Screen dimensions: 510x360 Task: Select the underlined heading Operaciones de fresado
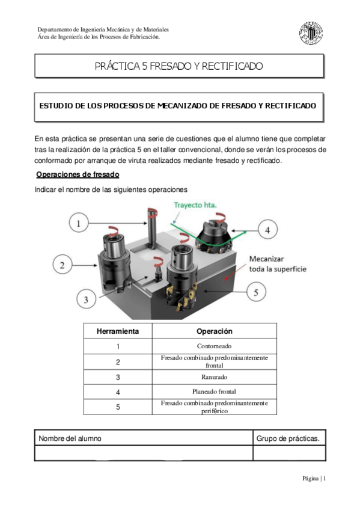coord(78,175)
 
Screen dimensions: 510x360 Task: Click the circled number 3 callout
coord(86,299)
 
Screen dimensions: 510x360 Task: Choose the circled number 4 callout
coord(267,229)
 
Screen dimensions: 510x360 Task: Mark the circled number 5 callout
coord(256,292)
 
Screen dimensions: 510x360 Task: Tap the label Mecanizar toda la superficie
coord(277,263)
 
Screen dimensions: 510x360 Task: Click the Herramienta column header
coord(118,331)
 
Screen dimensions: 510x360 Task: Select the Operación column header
coord(214,331)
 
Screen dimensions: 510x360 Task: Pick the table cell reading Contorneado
coord(214,346)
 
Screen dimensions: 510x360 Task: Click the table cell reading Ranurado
coord(214,377)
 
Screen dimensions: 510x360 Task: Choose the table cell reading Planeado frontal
coord(214,392)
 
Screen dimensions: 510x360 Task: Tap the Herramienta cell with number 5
coord(118,407)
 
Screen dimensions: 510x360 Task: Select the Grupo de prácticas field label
coord(287,438)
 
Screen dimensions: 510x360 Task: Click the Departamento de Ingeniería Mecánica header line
coord(103,29)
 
